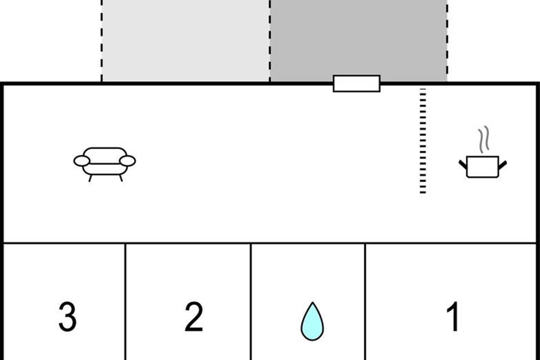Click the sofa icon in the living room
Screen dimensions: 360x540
pos(105,163)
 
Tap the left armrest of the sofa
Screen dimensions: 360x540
pos(81,161)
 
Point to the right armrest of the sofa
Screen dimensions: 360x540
pos(128,161)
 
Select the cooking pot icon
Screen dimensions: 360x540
pos(483,166)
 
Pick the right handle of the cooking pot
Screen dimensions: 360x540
pos(503,165)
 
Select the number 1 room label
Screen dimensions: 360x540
pos(454,316)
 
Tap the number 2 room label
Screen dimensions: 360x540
pos(194,316)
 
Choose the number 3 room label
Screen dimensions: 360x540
pos(67,316)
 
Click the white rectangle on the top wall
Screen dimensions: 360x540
pos(356,83)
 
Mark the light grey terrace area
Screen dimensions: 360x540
pos(185,40)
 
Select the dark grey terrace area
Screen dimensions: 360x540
pos(358,38)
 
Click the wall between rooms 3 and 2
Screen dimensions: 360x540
pos(125,301)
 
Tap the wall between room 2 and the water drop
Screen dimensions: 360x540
pos(250,301)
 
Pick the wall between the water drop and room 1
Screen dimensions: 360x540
pos(365,301)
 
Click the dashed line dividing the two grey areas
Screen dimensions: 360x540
pos(270,40)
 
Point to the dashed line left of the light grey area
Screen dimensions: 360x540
pos(102,40)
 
